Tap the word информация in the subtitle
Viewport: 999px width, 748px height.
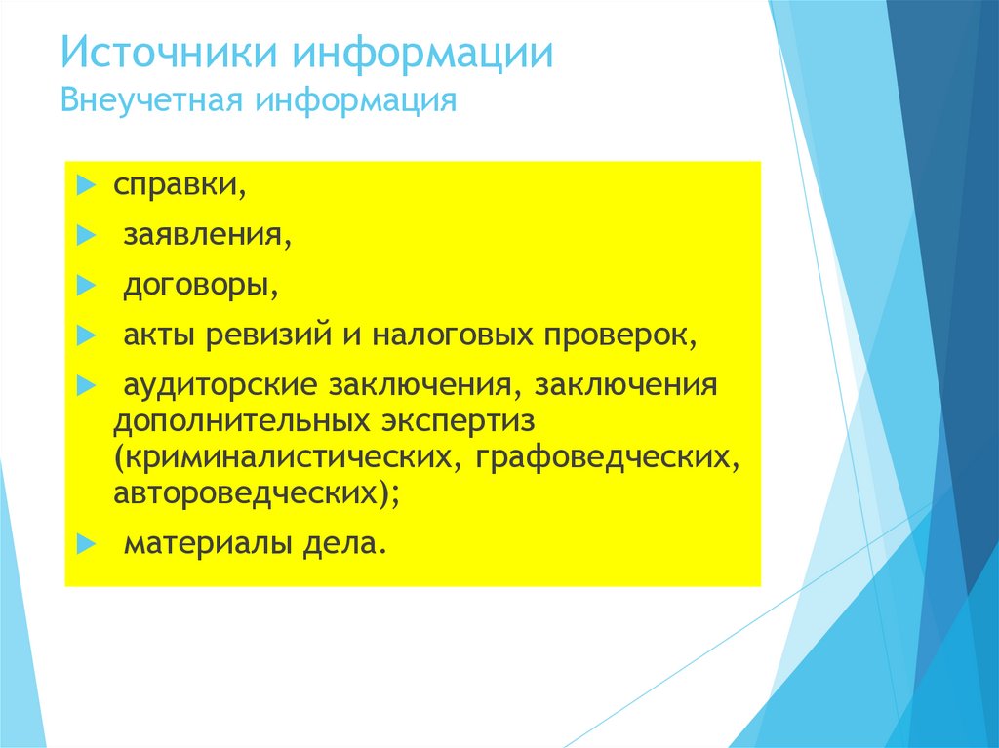(357, 100)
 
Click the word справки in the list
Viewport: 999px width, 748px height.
(177, 185)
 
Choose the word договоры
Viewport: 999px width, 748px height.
(195, 286)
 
